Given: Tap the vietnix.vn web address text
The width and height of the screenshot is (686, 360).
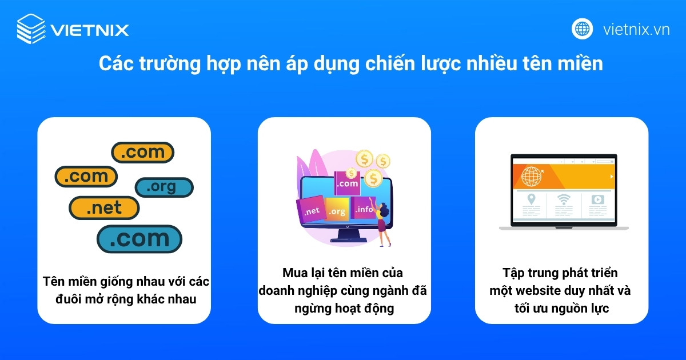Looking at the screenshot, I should click(636, 30).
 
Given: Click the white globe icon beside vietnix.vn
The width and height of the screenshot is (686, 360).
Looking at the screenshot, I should click(583, 29).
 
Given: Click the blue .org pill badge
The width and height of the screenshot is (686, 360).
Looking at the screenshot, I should click(164, 187).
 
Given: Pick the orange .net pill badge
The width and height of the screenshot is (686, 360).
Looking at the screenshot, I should click(104, 208).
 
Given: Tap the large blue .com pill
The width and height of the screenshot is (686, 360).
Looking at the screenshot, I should click(139, 239).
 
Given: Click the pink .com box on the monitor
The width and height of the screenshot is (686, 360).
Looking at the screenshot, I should click(348, 183).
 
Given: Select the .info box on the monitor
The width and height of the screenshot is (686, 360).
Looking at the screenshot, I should click(364, 210).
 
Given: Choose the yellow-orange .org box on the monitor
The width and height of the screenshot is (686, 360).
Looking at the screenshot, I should click(337, 211).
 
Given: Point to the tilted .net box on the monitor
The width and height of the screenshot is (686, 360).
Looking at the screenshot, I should click(312, 211).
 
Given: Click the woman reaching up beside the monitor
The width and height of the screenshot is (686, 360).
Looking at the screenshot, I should click(381, 219).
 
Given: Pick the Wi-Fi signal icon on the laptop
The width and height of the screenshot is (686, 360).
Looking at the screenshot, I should click(564, 200).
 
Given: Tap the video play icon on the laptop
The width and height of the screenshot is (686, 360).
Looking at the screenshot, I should click(597, 200).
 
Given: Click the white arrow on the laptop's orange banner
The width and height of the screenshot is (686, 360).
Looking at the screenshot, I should click(611, 177).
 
